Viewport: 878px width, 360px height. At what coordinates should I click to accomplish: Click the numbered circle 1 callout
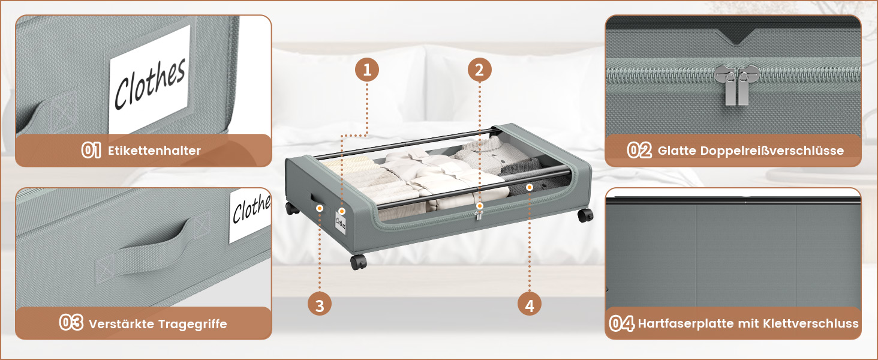[367, 70]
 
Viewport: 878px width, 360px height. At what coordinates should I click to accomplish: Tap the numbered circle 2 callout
[479, 70]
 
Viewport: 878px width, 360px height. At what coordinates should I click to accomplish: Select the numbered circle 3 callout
[320, 305]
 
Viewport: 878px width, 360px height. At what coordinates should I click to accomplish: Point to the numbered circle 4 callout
[529, 305]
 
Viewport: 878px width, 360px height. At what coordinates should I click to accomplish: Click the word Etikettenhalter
[154, 151]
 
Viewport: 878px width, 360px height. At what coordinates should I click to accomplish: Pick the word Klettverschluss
[811, 323]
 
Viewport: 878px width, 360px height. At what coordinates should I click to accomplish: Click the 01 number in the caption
[91, 150]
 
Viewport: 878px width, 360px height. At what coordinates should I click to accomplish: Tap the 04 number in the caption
[622, 323]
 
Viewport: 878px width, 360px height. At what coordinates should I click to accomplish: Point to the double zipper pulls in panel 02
[736, 85]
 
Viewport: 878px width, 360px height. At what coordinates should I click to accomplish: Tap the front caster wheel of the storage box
[358, 262]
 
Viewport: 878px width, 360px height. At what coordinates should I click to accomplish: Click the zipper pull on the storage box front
[478, 215]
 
